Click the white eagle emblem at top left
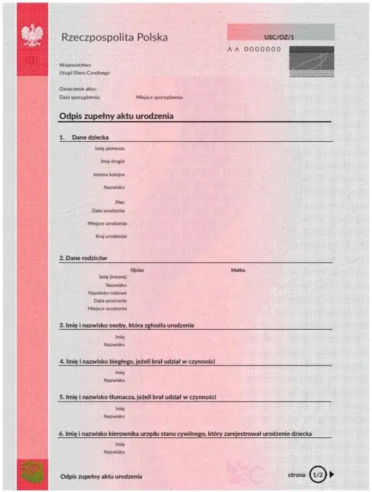pyautogui.click(x=30, y=35)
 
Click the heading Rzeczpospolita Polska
pyautogui.click(x=114, y=37)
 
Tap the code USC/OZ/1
pyautogui.click(x=279, y=38)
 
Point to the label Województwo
pyautogui.click(x=75, y=64)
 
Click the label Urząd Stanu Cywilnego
pyautogui.click(x=84, y=72)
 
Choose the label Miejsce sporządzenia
pyautogui.click(x=159, y=97)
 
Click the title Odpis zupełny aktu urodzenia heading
pyautogui.click(x=116, y=116)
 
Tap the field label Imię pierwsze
pyautogui.click(x=110, y=148)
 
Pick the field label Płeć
pyautogui.click(x=120, y=202)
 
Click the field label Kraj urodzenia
pyautogui.click(x=111, y=236)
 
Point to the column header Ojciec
pyautogui.click(x=137, y=270)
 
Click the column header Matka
pyautogui.click(x=238, y=270)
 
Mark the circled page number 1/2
pyautogui.click(x=318, y=475)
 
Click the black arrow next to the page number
pyautogui.click(x=332, y=475)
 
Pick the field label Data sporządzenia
pyautogui.click(x=79, y=97)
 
